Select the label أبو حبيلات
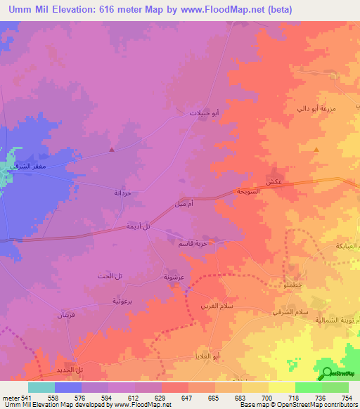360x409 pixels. [205, 112]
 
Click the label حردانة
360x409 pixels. [123, 193]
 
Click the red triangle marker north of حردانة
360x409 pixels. [111, 149]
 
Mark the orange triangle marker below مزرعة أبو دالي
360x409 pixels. [316, 150]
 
